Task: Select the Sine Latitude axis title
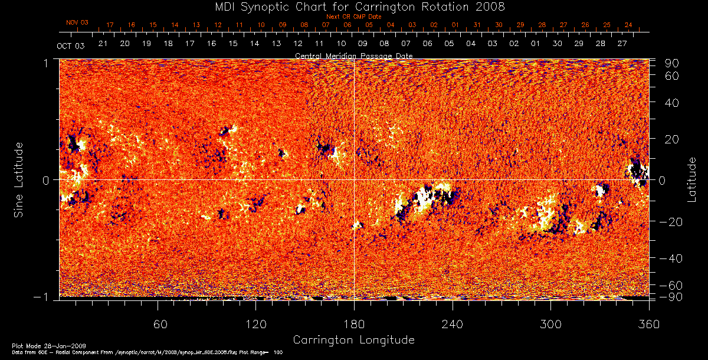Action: [x=19, y=179]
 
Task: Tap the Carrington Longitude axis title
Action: [x=353, y=340]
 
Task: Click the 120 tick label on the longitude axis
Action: [x=255, y=324]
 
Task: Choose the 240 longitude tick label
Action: [x=453, y=324]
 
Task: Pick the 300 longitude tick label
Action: [x=550, y=324]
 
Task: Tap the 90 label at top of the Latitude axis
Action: [x=673, y=63]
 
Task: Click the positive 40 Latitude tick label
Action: [x=673, y=103]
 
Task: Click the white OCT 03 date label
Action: [x=71, y=45]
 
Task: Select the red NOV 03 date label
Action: [x=77, y=22]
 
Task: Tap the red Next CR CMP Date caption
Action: [x=353, y=17]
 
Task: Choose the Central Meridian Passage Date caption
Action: [x=353, y=55]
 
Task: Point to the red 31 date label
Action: [x=477, y=25]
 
